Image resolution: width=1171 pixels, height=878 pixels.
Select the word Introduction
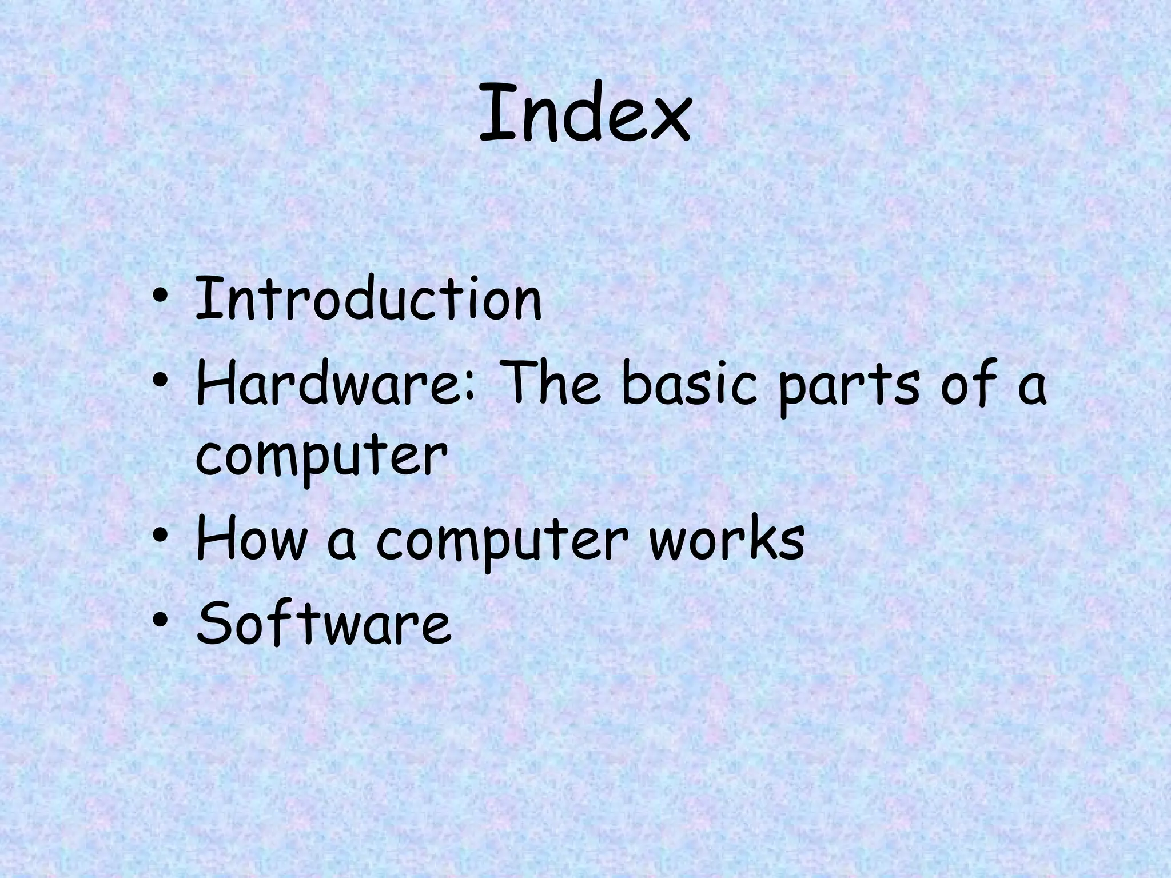click(368, 298)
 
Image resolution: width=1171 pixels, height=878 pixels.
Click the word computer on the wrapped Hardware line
click(321, 457)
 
